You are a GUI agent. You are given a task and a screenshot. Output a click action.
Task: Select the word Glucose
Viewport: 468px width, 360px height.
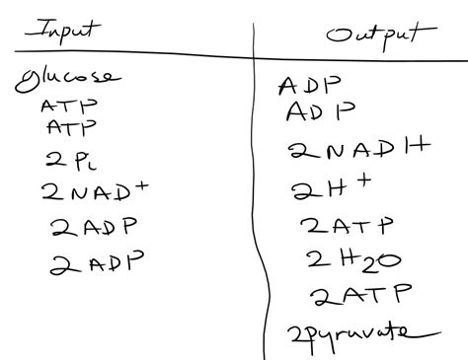point(67,79)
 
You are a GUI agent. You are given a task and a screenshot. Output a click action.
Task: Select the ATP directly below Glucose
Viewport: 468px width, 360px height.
point(62,106)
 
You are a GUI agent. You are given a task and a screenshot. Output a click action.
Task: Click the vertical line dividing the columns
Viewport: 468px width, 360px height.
point(259,197)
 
